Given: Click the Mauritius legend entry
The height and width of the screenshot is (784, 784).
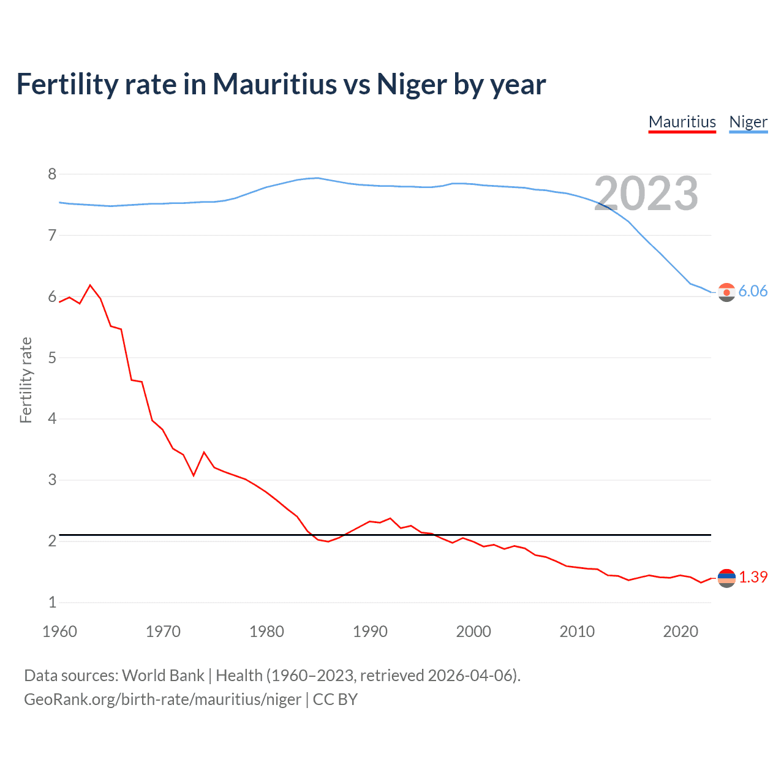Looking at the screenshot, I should [x=682, y=122].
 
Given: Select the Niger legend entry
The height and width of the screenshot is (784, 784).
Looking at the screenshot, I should [x=748, y=122].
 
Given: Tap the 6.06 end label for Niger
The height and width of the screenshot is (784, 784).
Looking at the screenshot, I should [x=753, y=291].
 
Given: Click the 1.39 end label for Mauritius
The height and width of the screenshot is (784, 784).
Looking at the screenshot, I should [x=753, y=577].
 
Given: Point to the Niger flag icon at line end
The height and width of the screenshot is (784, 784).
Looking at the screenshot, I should [x=726, y=292].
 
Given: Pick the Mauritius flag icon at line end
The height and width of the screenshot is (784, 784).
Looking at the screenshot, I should [x=726, y=578].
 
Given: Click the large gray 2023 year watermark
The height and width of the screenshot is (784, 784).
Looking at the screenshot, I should [x=646, y=194].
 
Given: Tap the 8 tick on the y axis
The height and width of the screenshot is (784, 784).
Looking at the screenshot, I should [x=52, y=175].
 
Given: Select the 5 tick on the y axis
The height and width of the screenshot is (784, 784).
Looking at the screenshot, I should [x=52, y=358].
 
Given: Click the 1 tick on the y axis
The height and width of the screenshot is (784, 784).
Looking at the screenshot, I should [x=52, y=602].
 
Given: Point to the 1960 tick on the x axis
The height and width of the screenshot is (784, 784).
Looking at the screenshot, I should [x=59, y=631].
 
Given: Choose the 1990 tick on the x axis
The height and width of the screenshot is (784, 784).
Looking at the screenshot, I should [x=370, y=631].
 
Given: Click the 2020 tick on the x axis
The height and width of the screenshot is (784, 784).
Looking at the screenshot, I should [x=680, y=631].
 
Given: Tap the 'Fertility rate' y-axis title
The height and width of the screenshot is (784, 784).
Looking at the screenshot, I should [x=26, y=380].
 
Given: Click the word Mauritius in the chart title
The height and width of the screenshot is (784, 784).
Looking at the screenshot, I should [x=274, y=84].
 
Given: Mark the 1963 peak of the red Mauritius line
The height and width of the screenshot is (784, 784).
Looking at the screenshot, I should [x=90, y=285].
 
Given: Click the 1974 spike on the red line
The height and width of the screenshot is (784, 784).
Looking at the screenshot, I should [x=204, y=453].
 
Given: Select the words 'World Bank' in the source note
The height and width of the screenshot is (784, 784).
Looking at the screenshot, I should [x=163, y=676].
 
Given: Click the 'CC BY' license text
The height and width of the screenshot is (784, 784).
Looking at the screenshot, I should [x=335, y=699].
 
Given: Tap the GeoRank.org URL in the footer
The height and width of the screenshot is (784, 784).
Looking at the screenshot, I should [x=162, y=699].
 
